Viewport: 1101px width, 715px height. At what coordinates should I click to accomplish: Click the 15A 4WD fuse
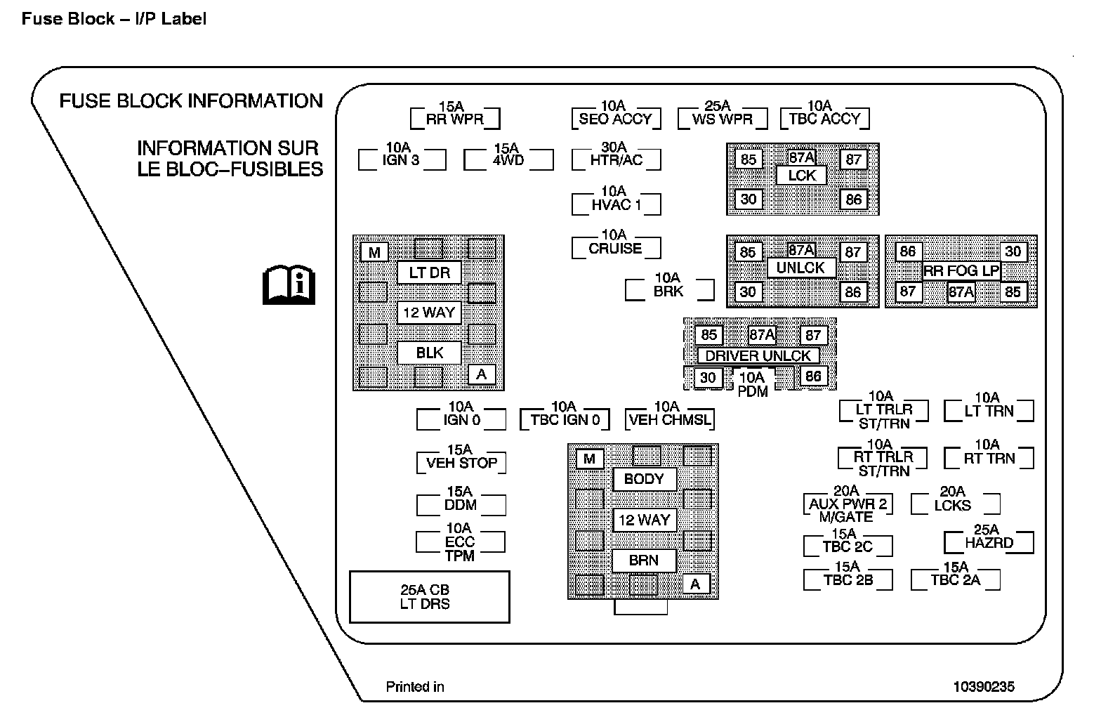tap(508, 157)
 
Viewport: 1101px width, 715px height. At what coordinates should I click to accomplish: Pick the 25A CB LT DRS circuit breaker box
tap(429, 596)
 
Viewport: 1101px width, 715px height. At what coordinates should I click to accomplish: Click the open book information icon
tap(289, 285)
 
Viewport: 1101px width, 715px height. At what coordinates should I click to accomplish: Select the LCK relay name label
tap(801, 176)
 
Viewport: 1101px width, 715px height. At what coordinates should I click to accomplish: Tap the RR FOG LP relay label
tap(961, 271)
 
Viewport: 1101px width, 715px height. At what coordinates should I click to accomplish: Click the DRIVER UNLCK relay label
tap(758, 355)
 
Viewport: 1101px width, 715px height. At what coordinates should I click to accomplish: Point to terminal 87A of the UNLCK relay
tap(801, 250)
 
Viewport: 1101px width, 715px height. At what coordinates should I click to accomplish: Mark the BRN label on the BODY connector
tap(644, 560)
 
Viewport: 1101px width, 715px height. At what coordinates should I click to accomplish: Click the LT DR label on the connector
tap(429, 273)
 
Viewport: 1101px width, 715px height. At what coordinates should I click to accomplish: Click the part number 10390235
tap(984, 686)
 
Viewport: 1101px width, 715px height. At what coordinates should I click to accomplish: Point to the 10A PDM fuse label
tap(753, 385)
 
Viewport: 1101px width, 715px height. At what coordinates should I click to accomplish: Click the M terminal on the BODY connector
tap(589, 459)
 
